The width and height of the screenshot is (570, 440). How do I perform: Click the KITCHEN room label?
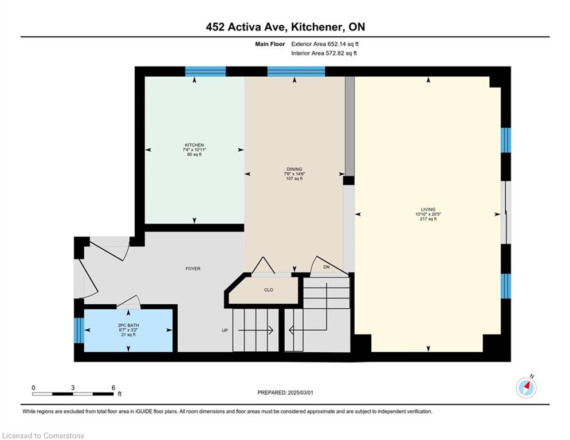194,145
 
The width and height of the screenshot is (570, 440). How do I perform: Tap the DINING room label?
294,169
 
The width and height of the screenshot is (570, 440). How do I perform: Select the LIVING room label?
428,210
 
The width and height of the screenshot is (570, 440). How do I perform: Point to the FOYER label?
192,269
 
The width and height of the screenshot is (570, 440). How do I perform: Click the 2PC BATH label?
128,325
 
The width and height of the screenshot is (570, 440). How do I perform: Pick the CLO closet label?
268,290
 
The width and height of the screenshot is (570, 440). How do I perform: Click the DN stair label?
327,267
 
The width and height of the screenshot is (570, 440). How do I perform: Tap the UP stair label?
225,331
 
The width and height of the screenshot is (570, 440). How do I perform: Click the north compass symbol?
526,388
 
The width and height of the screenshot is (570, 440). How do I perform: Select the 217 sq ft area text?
428,219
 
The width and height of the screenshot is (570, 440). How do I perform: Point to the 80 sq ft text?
194,155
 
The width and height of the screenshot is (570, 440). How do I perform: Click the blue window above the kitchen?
206,71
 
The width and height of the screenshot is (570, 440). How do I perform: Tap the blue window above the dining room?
296,71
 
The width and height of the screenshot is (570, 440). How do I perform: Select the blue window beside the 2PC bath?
79,331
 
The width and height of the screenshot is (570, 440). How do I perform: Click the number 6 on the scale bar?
113,388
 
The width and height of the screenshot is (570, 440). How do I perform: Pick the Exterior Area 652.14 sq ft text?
325,44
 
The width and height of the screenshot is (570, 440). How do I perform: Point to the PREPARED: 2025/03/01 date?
285,392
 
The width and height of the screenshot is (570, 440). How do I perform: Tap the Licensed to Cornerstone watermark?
43,435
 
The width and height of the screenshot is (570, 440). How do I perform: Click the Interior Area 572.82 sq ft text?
324,53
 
